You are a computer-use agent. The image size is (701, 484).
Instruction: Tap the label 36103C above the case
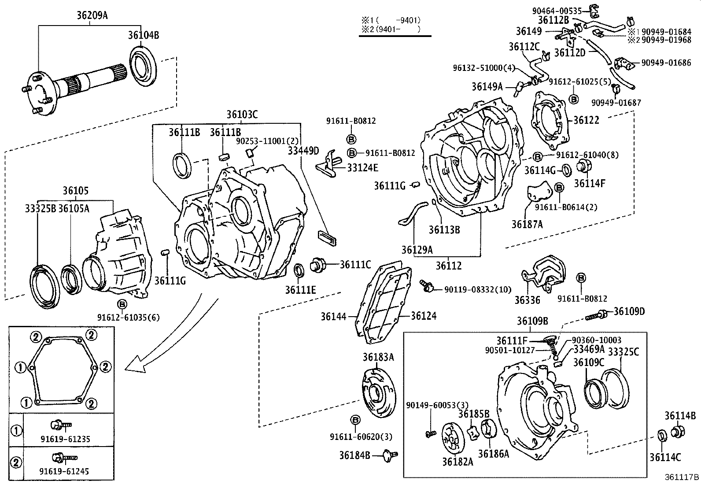(x=242, y=115)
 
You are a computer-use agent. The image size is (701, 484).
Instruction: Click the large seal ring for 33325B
(x=46, y=286)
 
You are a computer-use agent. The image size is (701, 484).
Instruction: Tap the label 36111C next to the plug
(x=355, y=264)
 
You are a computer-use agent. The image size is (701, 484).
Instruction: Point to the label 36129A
(x=417, y=250)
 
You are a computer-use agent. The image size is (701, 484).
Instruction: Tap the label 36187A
(x=527, y=224)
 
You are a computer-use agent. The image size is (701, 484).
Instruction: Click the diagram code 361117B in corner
(x=682, y=477)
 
